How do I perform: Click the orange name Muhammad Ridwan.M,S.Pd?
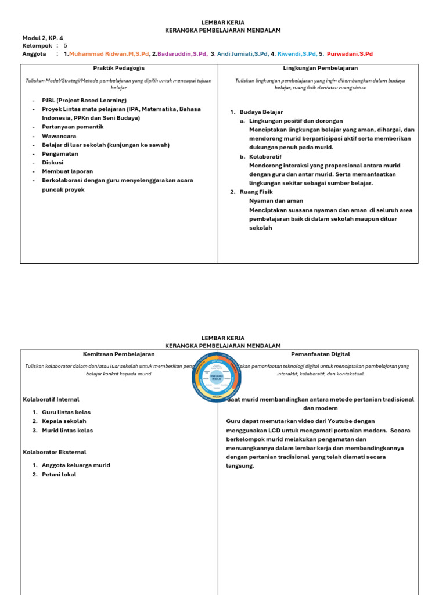(109, 54)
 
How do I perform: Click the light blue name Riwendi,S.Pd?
(297, 54)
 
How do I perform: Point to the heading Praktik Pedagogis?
(119, 68)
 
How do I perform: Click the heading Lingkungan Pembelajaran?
(320, 68)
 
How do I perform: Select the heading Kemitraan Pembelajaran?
(119, 354)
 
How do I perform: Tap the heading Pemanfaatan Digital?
(320, 354)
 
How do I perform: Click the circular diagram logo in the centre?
(215, 377)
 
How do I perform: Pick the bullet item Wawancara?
(59, 136)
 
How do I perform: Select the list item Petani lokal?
(59, 475)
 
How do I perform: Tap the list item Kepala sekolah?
(64, 421)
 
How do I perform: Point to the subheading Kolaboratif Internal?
(51, 400)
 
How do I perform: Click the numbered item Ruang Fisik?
(256, 192)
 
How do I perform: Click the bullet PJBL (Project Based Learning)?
(84, 100)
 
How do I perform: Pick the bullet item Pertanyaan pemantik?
(73, 127)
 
